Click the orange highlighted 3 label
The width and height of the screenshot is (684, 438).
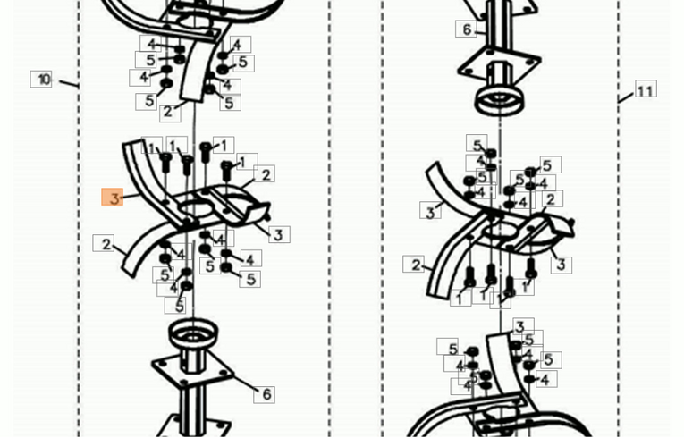112,198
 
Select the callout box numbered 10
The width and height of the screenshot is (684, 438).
41,79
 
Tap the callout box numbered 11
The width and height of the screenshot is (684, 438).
646,89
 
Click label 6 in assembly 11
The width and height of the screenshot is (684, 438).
467,29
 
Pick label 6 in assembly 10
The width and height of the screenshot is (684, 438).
265,394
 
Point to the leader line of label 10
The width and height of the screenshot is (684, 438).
69,83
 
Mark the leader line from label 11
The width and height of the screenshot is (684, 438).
626,97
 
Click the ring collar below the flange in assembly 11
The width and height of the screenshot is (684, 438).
499,101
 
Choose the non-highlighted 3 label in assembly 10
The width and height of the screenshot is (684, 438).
279,234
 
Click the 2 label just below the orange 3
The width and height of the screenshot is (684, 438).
105,243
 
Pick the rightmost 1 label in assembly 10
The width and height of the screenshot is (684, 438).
247,162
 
